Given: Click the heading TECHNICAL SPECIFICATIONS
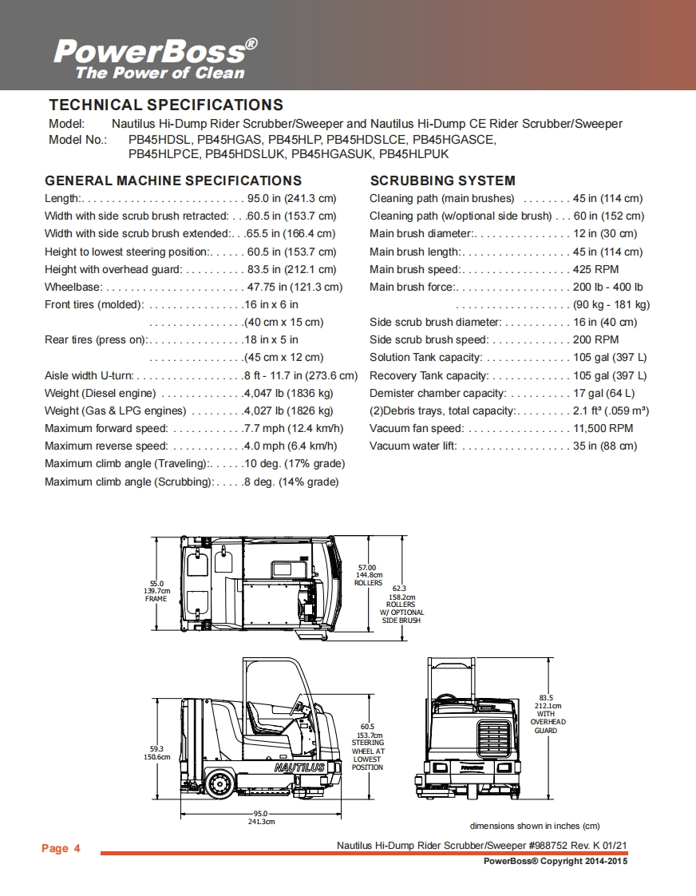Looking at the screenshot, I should [x=166, y=105].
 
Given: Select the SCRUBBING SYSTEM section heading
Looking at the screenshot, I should [x=442, y=180].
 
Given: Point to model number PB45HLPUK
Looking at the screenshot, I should [x=413, y=153].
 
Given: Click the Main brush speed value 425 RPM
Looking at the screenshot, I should [x=595, y=269].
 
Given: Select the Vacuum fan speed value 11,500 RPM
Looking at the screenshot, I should [x=603, y=429].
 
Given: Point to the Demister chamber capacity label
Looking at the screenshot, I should [x=437, y=393].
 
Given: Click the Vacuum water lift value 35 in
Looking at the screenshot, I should [x=605, y=446].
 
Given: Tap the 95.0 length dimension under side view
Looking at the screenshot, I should [x=261, y=817].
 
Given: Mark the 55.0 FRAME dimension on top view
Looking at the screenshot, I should [x=156, y=590].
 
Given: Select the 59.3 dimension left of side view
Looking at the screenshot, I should [x=156, y=752].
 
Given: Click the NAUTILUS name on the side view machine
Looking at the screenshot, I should [x=299, y=767].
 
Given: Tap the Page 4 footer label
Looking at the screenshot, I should [x=61, y=848].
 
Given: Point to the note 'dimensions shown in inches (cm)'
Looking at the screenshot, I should [x=534, y=826].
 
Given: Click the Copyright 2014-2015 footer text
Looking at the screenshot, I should [x=556, y=861].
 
